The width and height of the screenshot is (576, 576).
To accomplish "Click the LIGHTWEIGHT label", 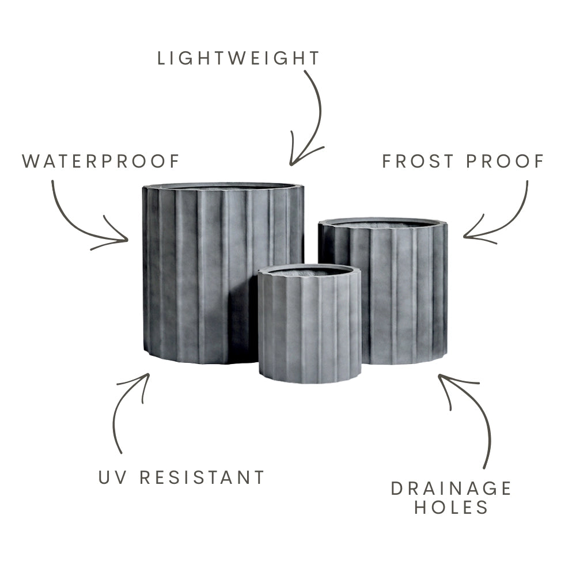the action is coord(238,58).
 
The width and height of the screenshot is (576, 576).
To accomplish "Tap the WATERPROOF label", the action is coord(101,161).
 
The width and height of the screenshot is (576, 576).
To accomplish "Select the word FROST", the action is coord(418,161).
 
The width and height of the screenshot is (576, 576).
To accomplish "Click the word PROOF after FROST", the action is coord(505,161).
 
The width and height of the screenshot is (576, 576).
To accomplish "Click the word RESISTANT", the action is coord(202,478).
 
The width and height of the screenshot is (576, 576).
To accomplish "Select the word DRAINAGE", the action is coord(451,488).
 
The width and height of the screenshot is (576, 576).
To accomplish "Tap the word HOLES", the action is coord(451,507).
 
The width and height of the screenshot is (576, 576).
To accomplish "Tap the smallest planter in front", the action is coord(309,324).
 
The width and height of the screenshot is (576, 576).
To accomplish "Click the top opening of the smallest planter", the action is coord(309,272).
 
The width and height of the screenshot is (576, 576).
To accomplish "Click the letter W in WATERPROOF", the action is coord(30,161).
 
